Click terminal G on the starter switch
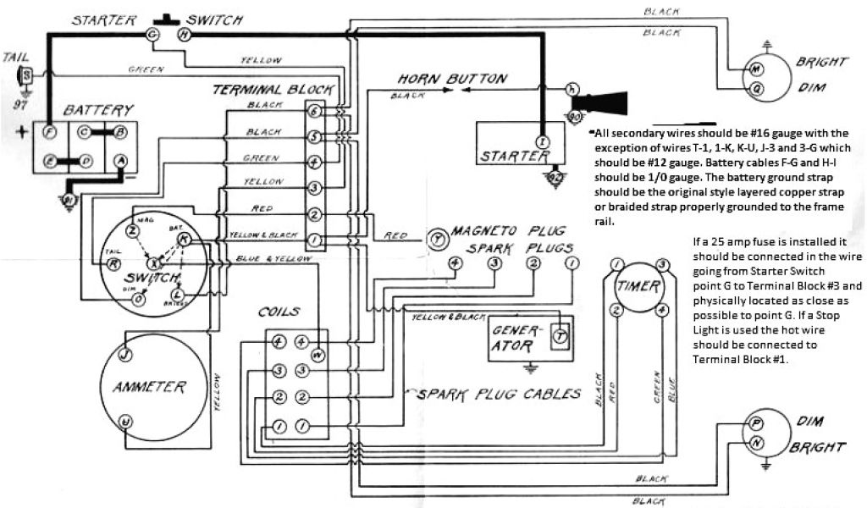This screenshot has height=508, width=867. [x=152, y=34]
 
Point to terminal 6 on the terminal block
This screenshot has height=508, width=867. [x=314, y=112]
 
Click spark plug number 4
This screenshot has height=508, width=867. [x=456, y=263]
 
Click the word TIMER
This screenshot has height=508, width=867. [x=640, y=285]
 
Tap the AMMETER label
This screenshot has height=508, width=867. [x=149, y=387]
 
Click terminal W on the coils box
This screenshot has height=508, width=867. [x=318, y=355]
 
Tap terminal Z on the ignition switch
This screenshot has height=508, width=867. [x=132, y=230]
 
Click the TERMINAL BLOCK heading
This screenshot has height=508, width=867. [x=273, y=89]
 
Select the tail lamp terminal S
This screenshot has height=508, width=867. [x=27, y=75]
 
